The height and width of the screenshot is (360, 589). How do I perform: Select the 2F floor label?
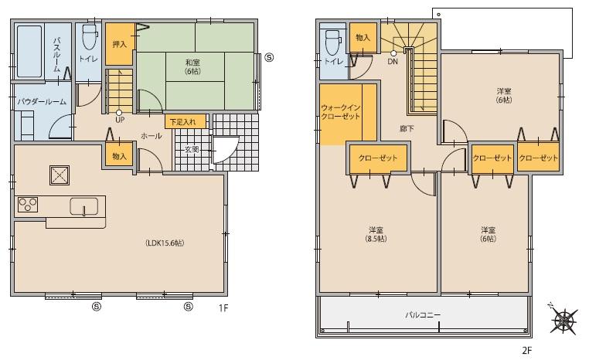click(526, 349)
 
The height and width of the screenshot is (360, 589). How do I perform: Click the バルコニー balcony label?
click(422, 315)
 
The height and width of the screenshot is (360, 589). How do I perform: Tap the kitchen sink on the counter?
click(83, 206)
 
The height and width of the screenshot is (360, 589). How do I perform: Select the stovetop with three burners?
click(29, 205)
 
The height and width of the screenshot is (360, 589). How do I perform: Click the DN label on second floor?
click(393, 61)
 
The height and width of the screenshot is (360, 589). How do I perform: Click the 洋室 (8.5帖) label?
click(376, 234)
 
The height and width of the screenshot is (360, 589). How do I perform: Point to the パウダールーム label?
click(42, 101)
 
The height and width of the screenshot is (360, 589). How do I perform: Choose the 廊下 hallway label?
click(407, 128)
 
